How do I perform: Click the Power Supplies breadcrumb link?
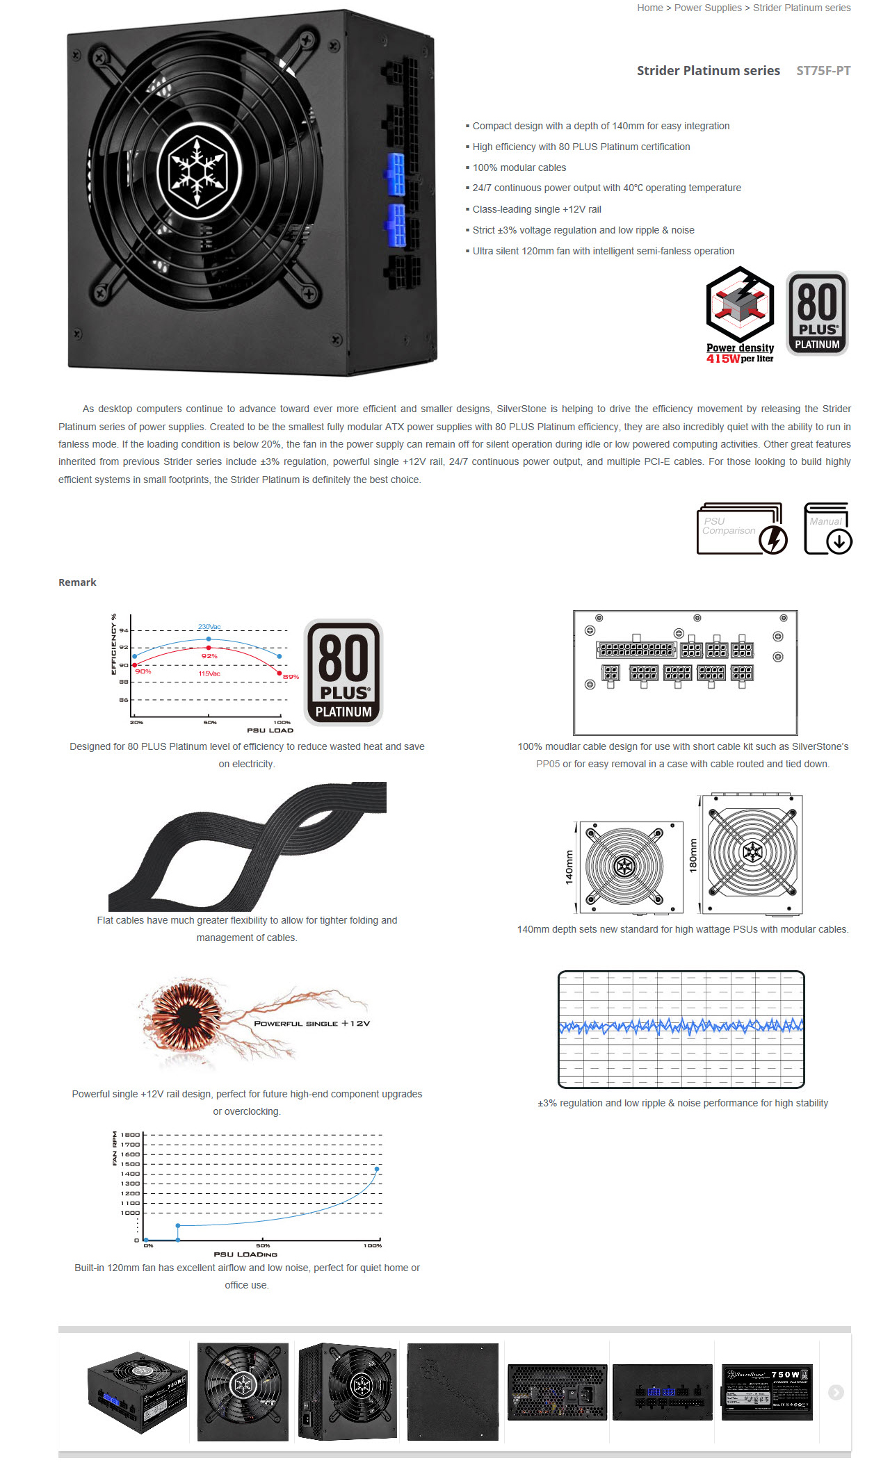pyautogui.click(x=708, y=8)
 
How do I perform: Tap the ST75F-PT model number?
pyautogui.click(x=823, y=71)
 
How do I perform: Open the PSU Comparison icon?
pyautogui.click(x=741, y=529)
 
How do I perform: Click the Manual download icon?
pyautogui.click(x=828, y=529)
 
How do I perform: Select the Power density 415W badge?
pyautogui.click(x=740, y=315)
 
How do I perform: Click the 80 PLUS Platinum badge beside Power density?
pyautogui.click(x=817, y=313)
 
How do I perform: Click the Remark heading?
pyautogui.click(x=77, y=582)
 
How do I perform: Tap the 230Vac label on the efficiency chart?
pyautogui.click(x=209, y=627)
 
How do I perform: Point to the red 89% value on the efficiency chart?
pyautogui.click(x=291, y=677)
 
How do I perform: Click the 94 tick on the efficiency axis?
pyautogui.click(x=124, y=630)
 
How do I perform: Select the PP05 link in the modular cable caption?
pyautogui.click(x=548, y=764)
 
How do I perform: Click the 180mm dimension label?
pyautogui.click(x=693, y=854)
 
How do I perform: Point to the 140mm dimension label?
pyautogui.click(x=569, y=867)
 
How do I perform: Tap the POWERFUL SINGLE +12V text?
pyautogui.click(x=312, y=1024)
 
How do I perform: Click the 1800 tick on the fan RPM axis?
pyautogui.click(x=130, y=1135)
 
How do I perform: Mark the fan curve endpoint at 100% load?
pyautogui.click(x=377, y=1169)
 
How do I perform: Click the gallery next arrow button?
pyautogui.click(x=836, y=1392)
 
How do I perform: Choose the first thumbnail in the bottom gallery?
pyautogui.click(x=138, y=1392)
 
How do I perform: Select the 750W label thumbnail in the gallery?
pyautogui.click(x=767, y=1392)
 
